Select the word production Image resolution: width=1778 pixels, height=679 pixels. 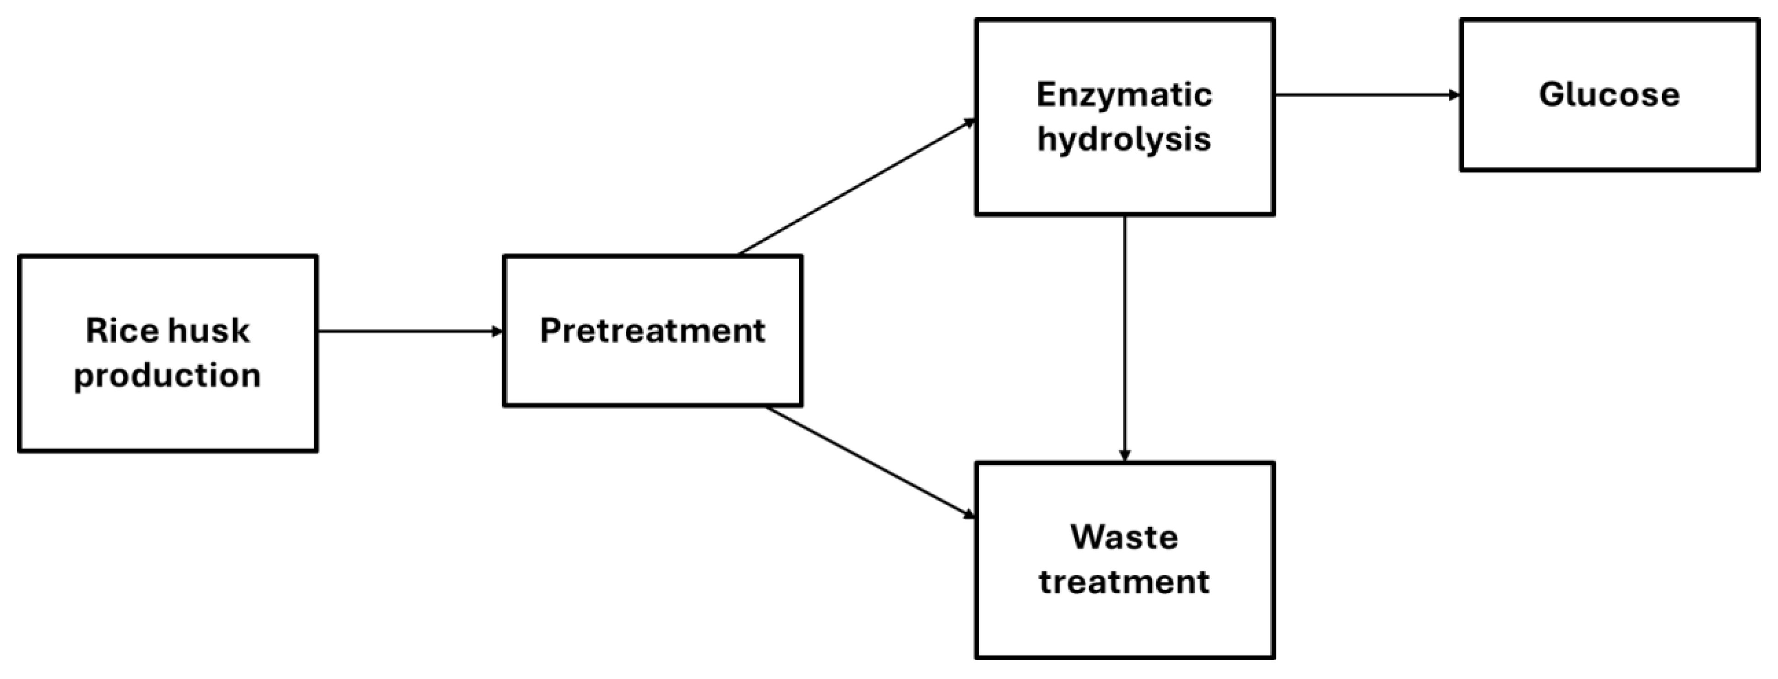(167, 375)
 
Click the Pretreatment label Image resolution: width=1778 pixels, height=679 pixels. (652, 330)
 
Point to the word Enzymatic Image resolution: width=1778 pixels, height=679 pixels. (1124, 95)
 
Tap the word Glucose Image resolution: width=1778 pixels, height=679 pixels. (1609, 95)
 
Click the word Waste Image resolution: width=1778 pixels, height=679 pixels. (1124, 537)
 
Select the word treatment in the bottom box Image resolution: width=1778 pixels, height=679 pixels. (1124, 582)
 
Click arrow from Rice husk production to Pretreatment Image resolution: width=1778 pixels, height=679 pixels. (410, 331)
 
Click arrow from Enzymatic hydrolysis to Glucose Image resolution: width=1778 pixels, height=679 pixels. (1366, 95)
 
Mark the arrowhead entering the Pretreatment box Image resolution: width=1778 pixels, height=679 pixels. (497, 331)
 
